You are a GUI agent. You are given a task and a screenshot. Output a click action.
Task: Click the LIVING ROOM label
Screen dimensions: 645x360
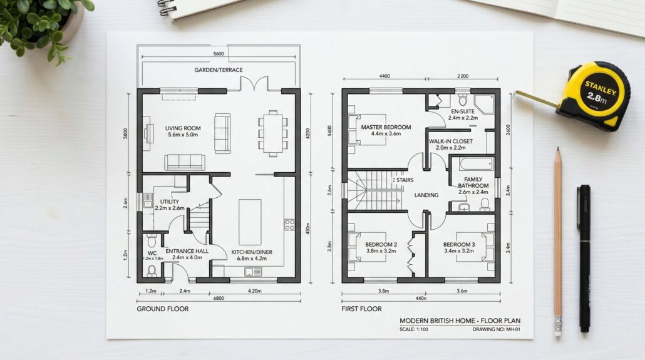[x=183, y=128]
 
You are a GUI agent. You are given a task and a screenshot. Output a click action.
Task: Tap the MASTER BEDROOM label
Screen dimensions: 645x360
[x=386, y=127]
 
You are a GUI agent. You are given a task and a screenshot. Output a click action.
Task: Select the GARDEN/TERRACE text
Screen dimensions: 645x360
[x=219, y=70]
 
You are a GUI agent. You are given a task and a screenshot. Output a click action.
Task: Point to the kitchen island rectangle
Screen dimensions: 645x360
[x=250, y=222]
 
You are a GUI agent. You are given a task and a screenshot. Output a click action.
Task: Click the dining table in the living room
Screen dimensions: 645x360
[x=273, y=133]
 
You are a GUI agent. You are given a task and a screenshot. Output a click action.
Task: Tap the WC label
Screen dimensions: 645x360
[x=152, y=253]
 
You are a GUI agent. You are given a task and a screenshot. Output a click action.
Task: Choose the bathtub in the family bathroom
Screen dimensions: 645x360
[x=477, y=164]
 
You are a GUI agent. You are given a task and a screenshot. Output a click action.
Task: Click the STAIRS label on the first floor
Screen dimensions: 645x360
[x=405, y=180]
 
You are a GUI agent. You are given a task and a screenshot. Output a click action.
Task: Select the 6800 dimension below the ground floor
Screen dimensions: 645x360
[x=219, y=298]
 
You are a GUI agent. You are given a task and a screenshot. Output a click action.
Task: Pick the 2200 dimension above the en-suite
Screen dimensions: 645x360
[x=463, y=76]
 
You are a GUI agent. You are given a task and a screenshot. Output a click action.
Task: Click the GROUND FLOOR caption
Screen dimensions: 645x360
[x=162, y=309]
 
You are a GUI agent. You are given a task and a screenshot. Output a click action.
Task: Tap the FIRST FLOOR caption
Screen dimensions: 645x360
[x=361, y=309]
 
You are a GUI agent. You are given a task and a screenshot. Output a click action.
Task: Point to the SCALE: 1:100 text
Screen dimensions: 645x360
[x=414, y=329]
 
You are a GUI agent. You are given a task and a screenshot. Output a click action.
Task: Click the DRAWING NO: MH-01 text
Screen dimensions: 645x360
[x=497, y=329]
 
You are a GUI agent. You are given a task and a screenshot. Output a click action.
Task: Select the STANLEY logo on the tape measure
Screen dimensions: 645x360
[x=601, y=88]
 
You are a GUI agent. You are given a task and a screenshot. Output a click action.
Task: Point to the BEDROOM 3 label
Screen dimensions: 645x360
[x=459, y=245]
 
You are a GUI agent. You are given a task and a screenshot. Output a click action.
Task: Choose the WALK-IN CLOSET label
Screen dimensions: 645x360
[x=451, y=141]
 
